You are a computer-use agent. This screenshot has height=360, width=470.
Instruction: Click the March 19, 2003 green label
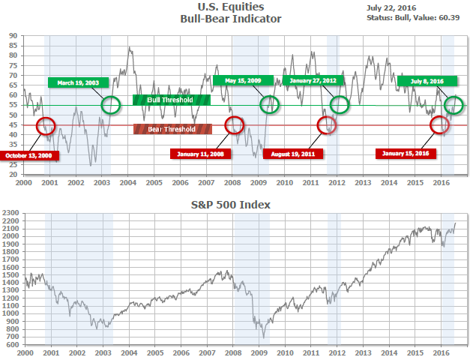(x=78, y=82)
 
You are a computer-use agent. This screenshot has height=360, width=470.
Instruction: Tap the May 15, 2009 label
(x=237, y=80)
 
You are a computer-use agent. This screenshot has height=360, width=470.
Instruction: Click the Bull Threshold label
(x=172, y=99)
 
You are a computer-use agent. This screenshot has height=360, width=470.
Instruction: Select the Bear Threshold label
(x=172, y=129)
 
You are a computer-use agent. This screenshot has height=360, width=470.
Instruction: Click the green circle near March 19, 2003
(x=111, y=105)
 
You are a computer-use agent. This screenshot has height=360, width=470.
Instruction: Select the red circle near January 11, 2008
(x=234, y=124)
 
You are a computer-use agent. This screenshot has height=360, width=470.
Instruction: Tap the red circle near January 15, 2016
(x=440, y=124)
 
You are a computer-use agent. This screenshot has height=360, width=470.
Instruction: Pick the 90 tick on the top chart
(x=14, y=36)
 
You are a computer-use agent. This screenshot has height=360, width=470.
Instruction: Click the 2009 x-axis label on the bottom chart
(x=259, y=352)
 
